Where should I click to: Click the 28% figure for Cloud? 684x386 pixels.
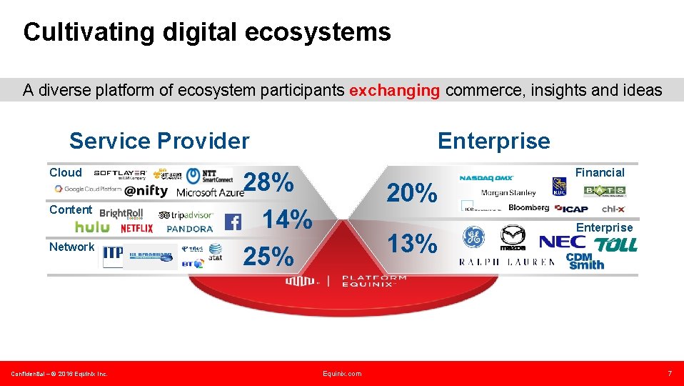pyautogui.click(x=269, y=182)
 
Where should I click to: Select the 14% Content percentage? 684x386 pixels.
pyautogui.click(x=288, y=218)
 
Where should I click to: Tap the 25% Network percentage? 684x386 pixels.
pyautogui.click(x=269, y=256)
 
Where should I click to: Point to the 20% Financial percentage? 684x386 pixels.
pyautogui.click(x=412, y=192)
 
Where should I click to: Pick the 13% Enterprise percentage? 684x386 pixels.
pyautogui.click(x=412, y=244)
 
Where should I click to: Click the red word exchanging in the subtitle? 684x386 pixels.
pyautogui.click(x=394, y=90)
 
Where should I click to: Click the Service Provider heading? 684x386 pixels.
pyautogui.click(x=159, y=141)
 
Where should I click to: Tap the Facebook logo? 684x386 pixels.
pyautogui.click(x=233, y=222)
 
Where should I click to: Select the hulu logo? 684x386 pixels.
pyautogui.click(x=93, y=227)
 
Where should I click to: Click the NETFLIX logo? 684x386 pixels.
pyautogui.click(x=136, y=228)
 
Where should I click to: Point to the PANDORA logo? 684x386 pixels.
pyautogui.click(x=189, y=229)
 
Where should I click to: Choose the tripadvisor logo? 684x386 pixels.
pyautogui.click(x=186, y=214)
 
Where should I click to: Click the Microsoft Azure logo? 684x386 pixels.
pyautogui.click(x=210, y=192)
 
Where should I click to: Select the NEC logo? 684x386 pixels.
pyautogui.click(x=562, y=242)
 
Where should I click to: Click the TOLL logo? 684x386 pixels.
pyautogui.click(x=615, y=244)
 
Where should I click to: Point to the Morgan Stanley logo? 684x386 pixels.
pyautogui.click(x=508, y=192)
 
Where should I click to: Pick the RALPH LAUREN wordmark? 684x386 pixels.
pyautogui.click(x=507, y=262)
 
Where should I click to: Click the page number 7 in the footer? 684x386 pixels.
pyautogui.click(x=669, y=373)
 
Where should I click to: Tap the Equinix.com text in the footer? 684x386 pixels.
pyautogui.click(x=342, y=373)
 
